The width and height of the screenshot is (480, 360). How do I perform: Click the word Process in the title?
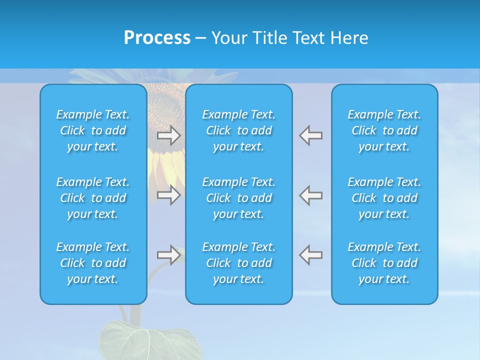coord(157,38)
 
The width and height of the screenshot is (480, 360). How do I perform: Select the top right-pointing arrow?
coord(168,135)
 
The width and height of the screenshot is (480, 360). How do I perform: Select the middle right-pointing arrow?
coord(168,195)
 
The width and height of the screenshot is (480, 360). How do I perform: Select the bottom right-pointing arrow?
coord(168,255)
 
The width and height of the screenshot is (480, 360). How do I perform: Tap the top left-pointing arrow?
coord(311,135)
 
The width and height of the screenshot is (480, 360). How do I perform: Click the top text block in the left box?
coord(93,130)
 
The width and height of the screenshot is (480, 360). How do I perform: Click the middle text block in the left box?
coord(93,198)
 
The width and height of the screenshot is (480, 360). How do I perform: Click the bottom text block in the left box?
coord(93,263)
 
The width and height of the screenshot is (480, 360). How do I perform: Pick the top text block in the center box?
coord(238,130)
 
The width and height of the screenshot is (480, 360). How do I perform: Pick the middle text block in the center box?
coord(238,198)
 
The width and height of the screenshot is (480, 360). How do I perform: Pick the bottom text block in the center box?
coord(238,263)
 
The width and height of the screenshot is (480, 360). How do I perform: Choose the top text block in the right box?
coord(384,130)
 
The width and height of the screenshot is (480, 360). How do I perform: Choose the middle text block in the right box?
coord(384,198)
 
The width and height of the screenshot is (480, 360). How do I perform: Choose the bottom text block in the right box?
coord(384,263)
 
